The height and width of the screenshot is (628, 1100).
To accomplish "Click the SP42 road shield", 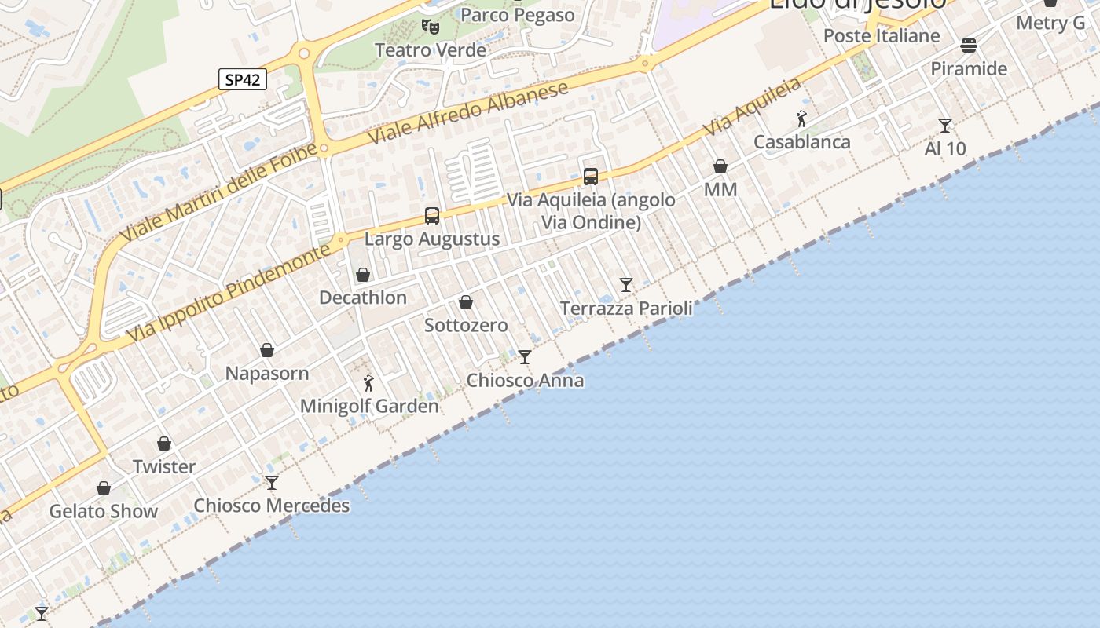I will click(243, 79).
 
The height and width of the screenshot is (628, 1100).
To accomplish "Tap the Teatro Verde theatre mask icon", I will click(430, 27).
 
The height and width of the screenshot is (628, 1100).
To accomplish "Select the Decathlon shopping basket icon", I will click(363, 275).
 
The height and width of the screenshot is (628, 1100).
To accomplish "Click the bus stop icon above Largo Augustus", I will click(432, 216).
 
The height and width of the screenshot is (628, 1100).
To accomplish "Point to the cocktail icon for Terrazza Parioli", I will click(626, 285).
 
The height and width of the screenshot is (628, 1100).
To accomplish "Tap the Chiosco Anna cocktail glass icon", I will click(525, 357).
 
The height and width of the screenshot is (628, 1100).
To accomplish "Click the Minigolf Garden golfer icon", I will click(369, 383).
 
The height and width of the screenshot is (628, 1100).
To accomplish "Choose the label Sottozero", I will click(466, 325).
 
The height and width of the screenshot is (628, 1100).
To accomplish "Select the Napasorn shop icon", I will click(267, 350).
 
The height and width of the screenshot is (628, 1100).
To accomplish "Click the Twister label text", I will click(164, 466).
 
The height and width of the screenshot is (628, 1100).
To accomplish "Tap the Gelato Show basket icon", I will click(104, 488).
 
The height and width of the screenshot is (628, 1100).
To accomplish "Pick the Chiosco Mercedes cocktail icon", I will click(272, 482).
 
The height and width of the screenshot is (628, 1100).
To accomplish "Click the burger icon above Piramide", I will click(969, 46).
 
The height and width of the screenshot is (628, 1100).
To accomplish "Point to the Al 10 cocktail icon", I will click(945, 126).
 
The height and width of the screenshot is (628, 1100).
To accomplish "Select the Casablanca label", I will click(801, 142).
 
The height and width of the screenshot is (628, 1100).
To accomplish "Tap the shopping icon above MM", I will click(720, 166).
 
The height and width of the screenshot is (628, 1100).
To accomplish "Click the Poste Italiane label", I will click(882, 36).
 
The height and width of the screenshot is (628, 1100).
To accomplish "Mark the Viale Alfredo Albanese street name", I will click(468, 112).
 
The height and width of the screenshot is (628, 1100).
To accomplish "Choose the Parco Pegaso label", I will click(517, 15).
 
